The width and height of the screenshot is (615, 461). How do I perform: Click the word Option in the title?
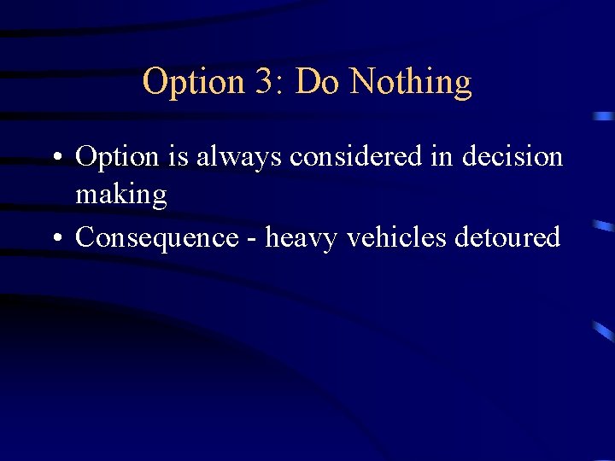tap(194, 82)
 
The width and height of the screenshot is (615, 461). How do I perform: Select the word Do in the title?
tap(317, 82)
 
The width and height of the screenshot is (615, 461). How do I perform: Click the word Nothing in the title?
tap(410, 82)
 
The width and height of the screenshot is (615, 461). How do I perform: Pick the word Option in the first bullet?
tap(118, 158)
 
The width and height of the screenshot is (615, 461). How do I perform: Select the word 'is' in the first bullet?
tap(179, 157)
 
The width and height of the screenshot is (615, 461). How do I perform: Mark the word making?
tap(120, 196)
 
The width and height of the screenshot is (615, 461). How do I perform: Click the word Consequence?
tap(156, 237)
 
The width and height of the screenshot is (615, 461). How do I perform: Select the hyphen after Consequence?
tap(251, 238)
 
